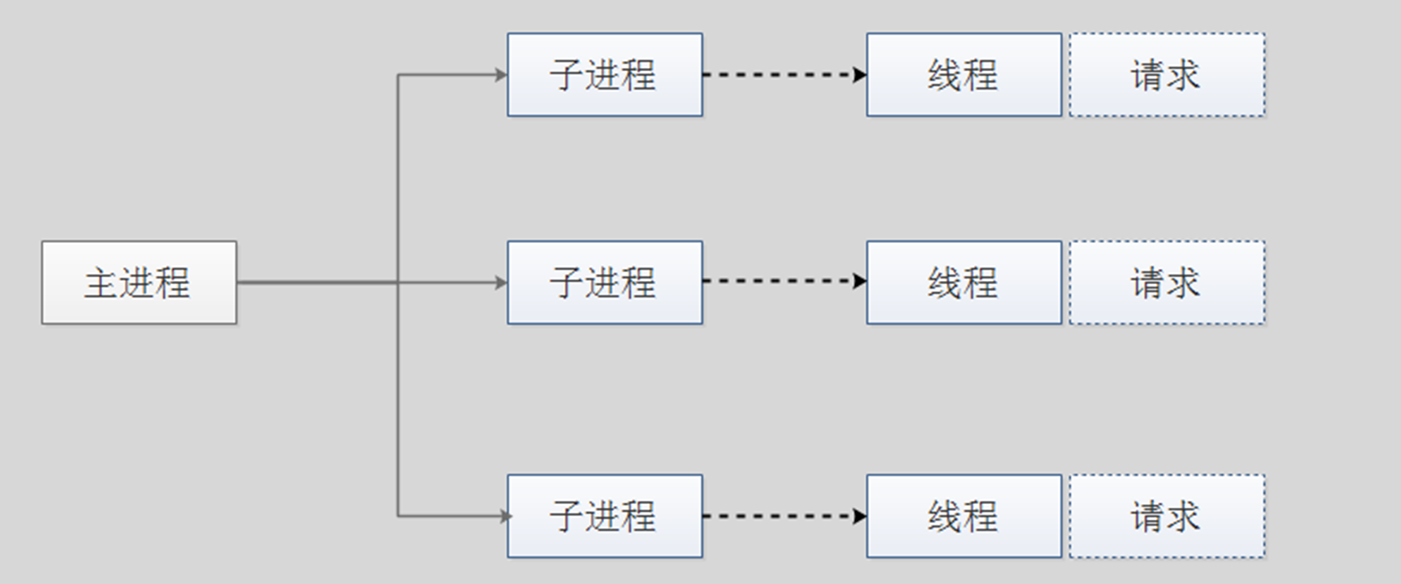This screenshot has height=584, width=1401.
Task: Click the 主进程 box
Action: (139, 283)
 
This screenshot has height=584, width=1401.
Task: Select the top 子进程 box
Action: (605, 75)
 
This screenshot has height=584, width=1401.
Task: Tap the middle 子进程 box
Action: (605, 283)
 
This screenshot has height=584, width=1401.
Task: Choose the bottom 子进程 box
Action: (605, 516)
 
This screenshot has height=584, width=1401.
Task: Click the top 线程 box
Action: (964, 75)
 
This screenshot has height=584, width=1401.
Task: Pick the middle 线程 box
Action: (964, 283)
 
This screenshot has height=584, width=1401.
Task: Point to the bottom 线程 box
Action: (964, 516)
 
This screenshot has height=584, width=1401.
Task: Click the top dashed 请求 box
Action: (1167, 75)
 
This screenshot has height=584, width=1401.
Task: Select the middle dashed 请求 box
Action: (1167, 283)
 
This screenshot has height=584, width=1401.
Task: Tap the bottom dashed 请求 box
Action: (1167, 516)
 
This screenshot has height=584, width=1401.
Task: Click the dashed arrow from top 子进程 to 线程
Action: (780, 75)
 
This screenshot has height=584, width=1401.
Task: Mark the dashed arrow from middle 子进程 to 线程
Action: (780, 281)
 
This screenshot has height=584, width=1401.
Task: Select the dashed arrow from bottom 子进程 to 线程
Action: (780, 516)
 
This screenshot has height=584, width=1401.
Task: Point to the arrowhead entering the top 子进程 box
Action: (501, 75)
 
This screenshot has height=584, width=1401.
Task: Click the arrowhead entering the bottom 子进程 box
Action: (505, 517)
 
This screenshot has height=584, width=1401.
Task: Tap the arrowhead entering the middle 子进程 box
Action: (501, 283)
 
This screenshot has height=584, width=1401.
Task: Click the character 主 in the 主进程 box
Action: (101, 283)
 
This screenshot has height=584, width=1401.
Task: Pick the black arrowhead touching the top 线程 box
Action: (860, 75)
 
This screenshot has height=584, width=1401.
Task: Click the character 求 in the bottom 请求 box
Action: (1183, 517)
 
